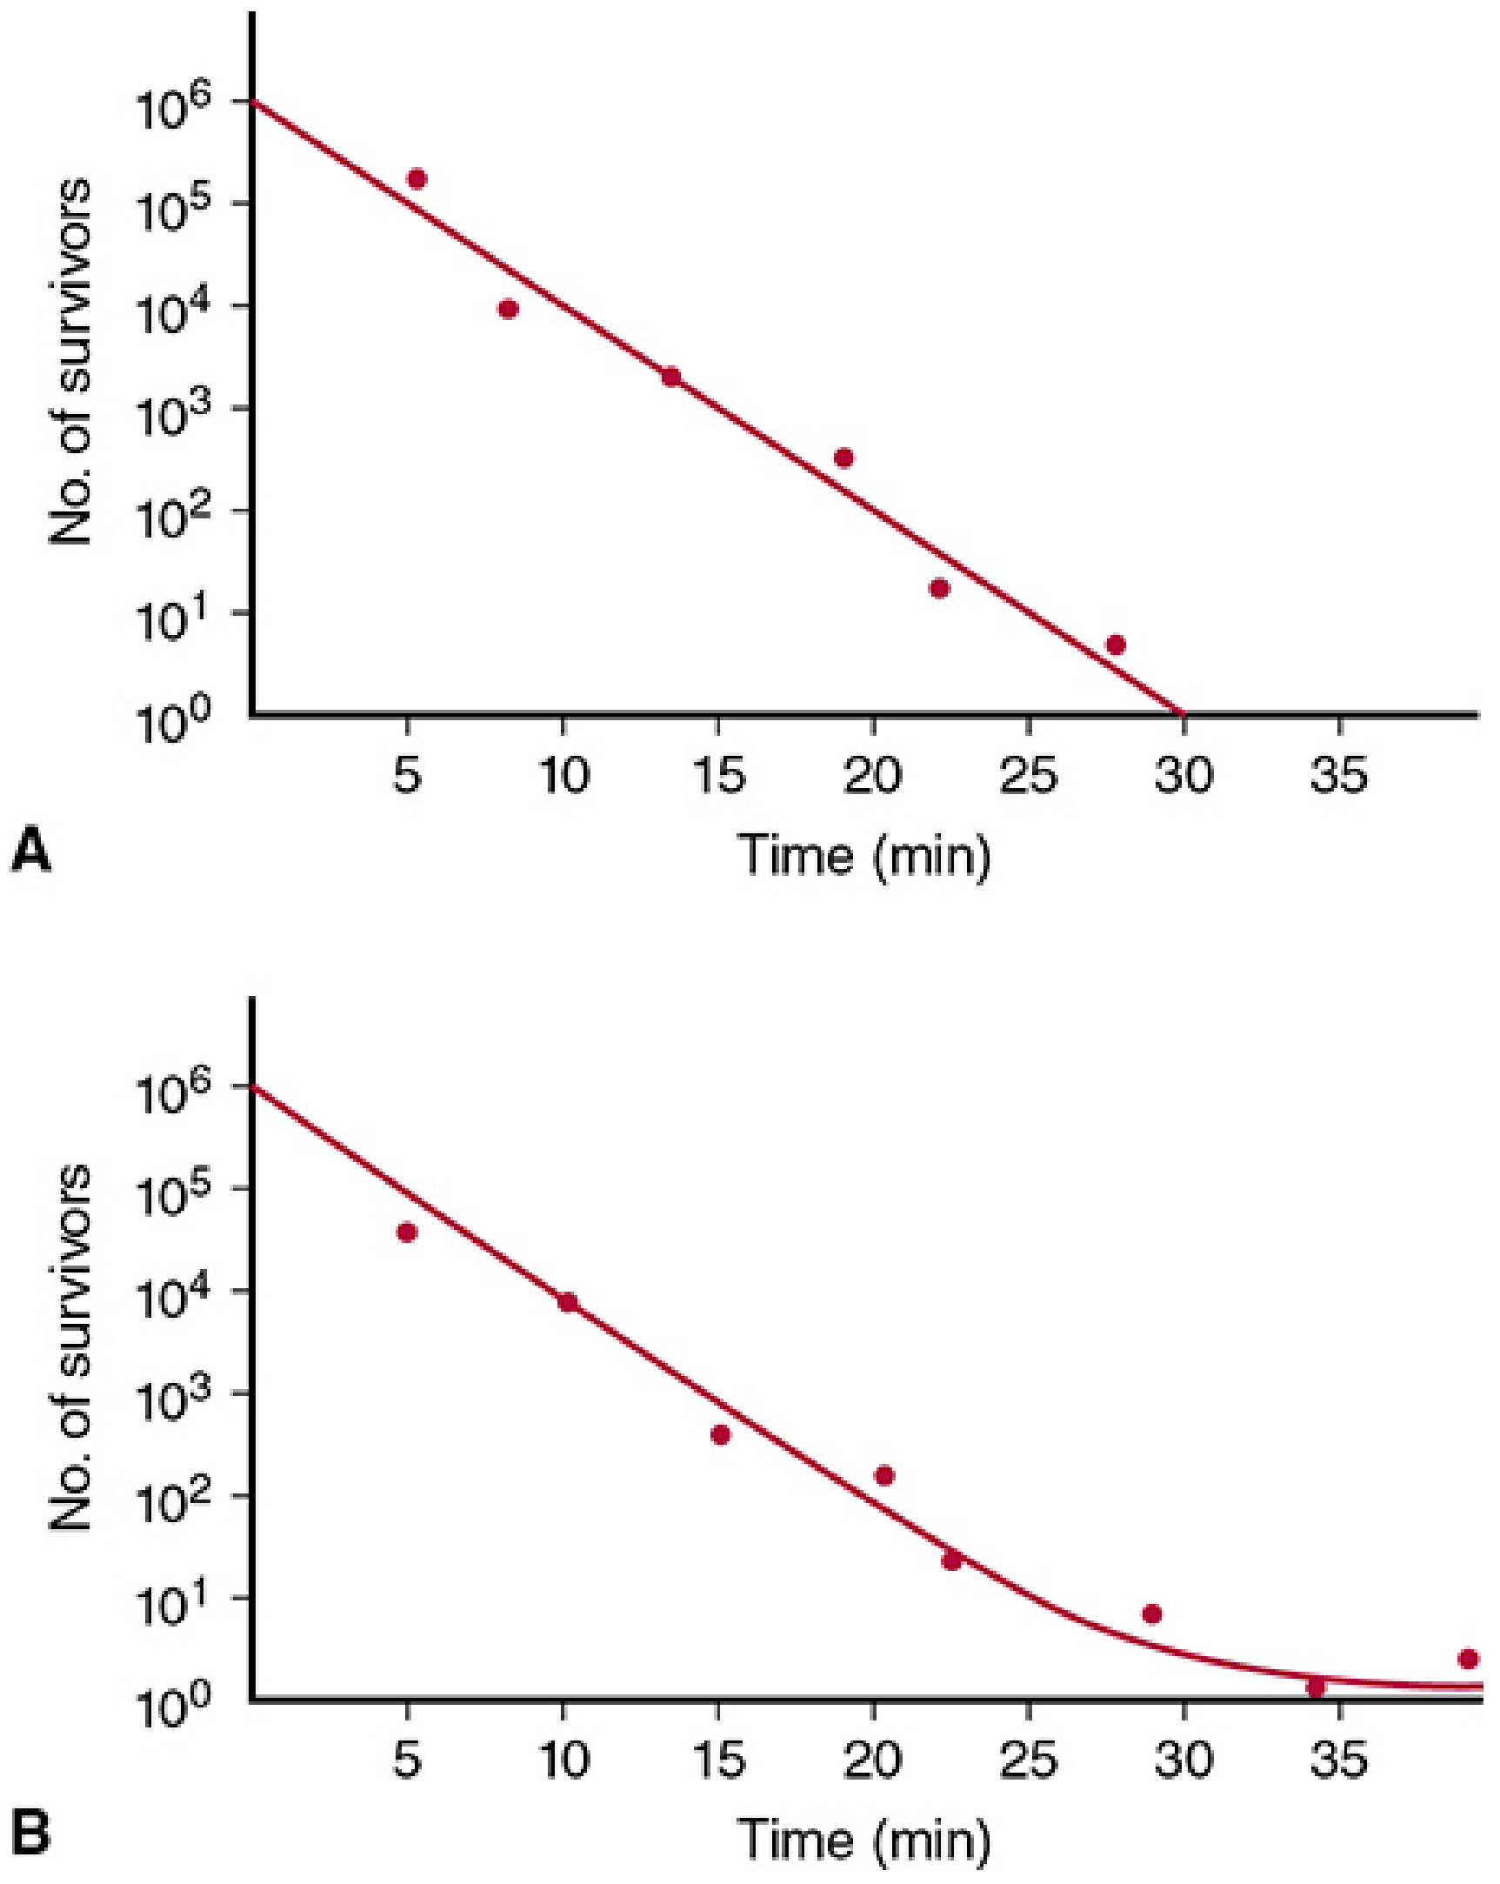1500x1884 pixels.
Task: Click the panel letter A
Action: [x=31, y=852]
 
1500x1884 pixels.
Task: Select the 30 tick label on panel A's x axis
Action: [x=1183, y=774]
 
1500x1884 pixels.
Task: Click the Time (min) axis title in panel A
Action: [x=865, y=854]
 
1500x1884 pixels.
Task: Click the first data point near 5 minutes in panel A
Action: [x=417, y=179]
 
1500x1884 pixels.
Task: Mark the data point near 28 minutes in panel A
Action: [x=1116, y=645]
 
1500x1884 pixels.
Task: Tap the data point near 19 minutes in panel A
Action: [x=844, y=458]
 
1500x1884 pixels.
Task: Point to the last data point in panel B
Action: [x=1469, y=1659]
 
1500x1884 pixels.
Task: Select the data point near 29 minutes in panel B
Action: [x=1152, y=1613]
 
